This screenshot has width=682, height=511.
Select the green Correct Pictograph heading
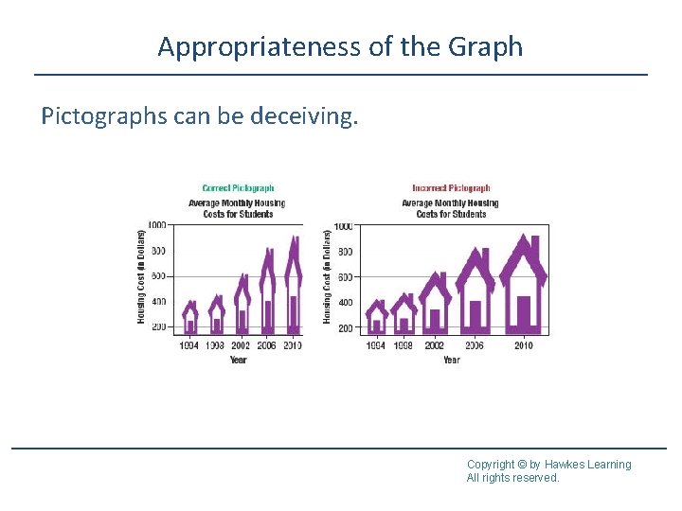[x=238, y=188]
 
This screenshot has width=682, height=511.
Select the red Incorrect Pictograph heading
[x=451, y=188]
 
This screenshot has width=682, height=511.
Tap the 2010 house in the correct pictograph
[x=293, y=289]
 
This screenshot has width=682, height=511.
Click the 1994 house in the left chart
[x=190, y=318]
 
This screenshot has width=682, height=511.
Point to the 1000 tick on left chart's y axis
[x=156, y=225]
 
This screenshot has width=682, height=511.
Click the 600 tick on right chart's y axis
[x=345, y=277]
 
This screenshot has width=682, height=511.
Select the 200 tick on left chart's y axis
[x=157, y=327]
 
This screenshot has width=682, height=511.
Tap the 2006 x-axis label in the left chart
[x=267, y=346]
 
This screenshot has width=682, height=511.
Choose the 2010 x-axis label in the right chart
[x=523, y=346]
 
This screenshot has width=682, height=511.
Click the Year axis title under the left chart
[x=239, y=360]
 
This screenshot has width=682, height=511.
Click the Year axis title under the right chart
[x=451, y=360]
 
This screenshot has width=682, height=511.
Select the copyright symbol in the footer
[x=522, y=465]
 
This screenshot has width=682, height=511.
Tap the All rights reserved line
[x=512, y=478]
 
